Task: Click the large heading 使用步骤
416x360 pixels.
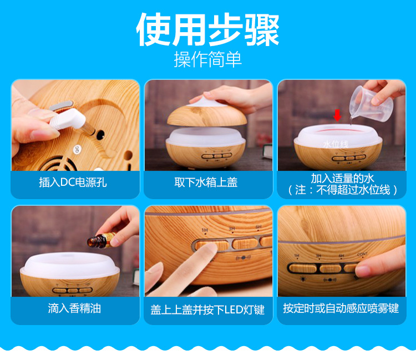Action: [208, 29]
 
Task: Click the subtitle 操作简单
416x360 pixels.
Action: [208, 59]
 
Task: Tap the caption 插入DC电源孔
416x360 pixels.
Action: [73, 182]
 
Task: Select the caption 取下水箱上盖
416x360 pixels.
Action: [206, 182]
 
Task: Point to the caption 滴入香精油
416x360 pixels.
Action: [74, 308]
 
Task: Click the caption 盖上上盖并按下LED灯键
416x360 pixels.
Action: [207, 310]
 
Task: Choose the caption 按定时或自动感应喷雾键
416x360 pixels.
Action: [341, 308]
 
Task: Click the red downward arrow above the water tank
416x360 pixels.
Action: [337, 115]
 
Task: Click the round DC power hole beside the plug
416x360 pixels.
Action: [100, 135]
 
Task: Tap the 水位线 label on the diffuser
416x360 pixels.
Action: [336, 144]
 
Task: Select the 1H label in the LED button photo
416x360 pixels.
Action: [205, 230]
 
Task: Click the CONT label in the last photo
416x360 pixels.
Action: [362, 255]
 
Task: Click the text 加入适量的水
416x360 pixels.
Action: [342, 179]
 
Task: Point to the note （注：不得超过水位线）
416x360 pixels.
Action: [343, 190]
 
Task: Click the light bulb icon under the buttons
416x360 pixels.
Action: [302, 278]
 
